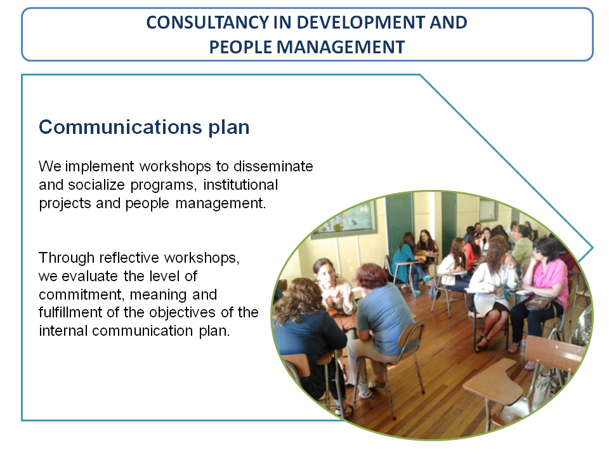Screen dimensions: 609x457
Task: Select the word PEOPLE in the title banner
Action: click(240, 48)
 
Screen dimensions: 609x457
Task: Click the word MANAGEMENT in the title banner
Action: click(341, 48)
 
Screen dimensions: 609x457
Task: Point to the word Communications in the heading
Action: click(121, 127)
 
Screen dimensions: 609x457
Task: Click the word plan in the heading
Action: click(229, 128)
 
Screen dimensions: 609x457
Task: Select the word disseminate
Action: click(273, 166)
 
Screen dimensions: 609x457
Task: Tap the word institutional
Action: click(240, 185)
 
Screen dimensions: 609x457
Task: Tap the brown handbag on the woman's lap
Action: click(539, 301)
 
